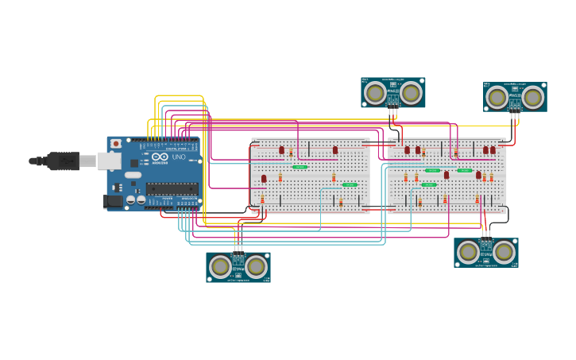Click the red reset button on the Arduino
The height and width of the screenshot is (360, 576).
click(116, 144)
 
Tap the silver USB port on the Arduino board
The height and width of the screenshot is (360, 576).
click(109, 161)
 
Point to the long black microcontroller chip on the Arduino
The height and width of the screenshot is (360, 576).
click(172, 188)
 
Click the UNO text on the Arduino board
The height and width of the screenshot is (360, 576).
click(179, 157)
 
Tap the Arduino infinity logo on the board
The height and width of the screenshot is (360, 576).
click(160, 157)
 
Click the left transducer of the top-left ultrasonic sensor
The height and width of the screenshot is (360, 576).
click(375, 94)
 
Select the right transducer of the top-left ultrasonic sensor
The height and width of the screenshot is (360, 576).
click(411, 94)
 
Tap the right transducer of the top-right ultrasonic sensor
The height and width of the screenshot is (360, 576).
click(533, 98)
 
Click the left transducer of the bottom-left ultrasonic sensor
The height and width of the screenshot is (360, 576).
click(221, 266)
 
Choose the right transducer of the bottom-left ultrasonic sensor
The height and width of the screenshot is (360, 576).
click(256, 266)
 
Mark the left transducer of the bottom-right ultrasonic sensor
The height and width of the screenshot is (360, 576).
click(469, 252)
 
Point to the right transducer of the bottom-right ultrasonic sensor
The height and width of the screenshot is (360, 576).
click(504, 252)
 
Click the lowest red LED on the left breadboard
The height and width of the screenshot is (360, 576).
click(264, 179)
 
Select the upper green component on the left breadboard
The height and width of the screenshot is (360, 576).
click(300, 167)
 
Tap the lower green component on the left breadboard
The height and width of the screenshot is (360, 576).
click(350, 184)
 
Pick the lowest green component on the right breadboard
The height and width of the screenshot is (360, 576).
click(428, 184)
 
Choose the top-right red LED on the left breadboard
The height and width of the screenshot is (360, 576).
click(335, 149)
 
